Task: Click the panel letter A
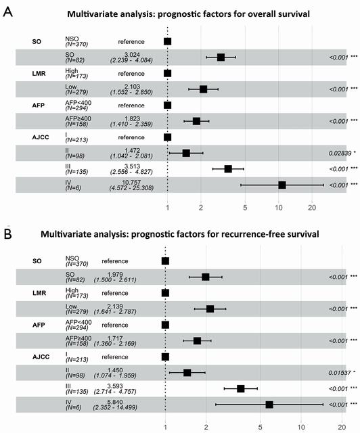(x=7, y=12)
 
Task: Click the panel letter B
(x=7, y=233)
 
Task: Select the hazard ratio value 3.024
(x=132, y=55)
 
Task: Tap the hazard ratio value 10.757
(x=131, y=183)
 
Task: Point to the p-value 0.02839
(x=340, y=153)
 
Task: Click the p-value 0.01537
(x=340, y=373)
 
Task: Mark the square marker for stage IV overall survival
(x=282, y=185)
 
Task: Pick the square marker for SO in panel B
(x=205, y=277)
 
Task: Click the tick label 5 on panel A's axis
(x=245, y=208)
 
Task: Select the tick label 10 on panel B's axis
(x=301, y=427)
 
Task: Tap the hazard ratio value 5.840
(x=115, y=402)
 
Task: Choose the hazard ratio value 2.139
(x=115, y=306)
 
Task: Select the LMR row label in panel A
(x=39, y=74)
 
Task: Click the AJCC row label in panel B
(x=41, y=357)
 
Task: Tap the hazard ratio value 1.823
(x=132, y=118)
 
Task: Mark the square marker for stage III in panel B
(x=241, y=388)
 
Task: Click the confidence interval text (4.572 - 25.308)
(x=131, y=188)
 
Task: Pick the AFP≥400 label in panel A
(x=78, y=118)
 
